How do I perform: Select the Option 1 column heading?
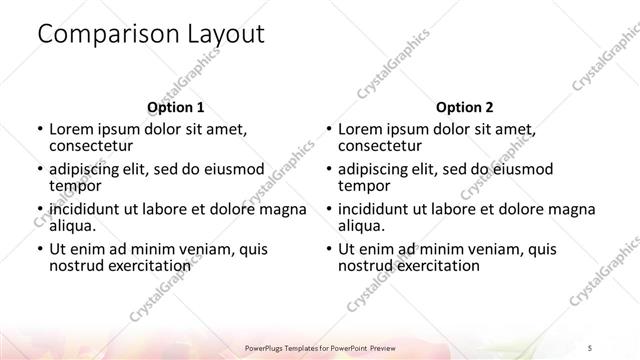click(x=176, y=105)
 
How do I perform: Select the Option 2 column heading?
click(x=465, y=105)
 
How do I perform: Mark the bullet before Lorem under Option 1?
click(x=39, y=129)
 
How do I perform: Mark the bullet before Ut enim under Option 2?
click(x=328, y=249)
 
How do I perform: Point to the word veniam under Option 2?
click(x=491, y=249)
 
